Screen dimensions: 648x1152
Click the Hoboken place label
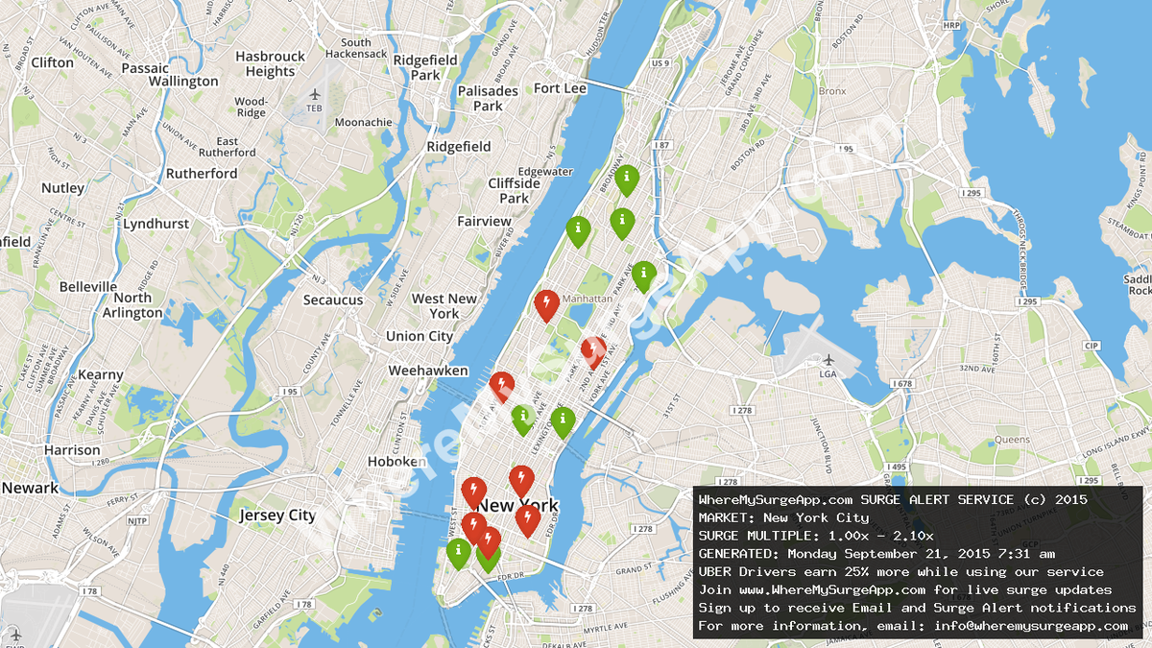coord(396,462)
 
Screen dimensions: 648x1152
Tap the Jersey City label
coord(276,516)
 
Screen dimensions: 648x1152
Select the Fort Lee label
coord(560,88)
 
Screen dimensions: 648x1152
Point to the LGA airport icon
coord(828,360)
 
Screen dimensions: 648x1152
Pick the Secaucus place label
coord(333,300)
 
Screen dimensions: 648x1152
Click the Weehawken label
coord(428,371)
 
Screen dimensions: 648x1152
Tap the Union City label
coord(419,336)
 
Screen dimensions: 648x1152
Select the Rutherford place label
coord(202,174)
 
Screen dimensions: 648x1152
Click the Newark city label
coord(29,488)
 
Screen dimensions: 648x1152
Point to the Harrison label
coord(72,450)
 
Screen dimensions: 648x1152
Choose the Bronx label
coord(832,91)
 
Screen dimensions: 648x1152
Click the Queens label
coord(1012,439)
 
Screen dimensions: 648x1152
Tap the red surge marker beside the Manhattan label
coord(547,304)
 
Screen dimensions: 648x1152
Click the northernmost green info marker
coord(627,179)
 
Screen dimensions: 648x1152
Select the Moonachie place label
coord(363,123)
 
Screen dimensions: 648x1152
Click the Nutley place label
coord(63,188)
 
